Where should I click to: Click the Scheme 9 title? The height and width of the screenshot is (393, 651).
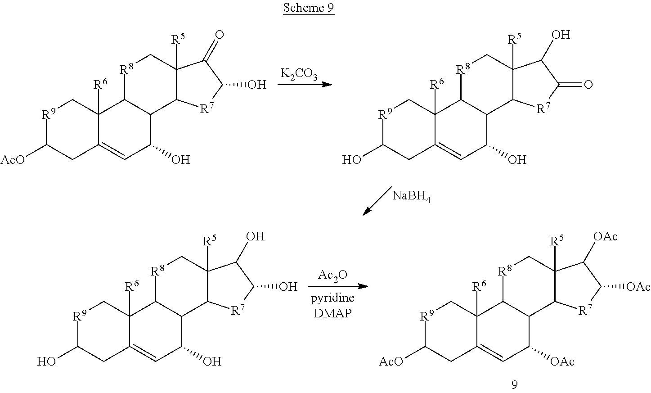point(309,8)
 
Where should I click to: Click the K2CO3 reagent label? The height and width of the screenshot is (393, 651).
point(299,74)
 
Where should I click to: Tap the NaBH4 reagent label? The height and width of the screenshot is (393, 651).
point(411,196)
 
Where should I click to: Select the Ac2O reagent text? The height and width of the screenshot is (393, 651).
point(333,275)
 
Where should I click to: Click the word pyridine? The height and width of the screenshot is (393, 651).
point(332,298)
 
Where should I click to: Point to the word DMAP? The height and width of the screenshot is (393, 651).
point(333,313)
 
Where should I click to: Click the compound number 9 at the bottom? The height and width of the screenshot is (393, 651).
point(514,385)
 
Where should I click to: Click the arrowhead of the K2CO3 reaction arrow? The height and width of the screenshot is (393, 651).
point(327,85)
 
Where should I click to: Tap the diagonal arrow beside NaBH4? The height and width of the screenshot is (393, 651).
point(377,201)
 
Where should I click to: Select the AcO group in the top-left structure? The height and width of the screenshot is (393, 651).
point(13,160)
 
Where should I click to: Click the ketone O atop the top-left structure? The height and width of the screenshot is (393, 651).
point(220,35)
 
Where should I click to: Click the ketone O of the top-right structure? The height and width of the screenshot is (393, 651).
point(588,85)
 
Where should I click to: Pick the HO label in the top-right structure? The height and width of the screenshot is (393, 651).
point(352,160)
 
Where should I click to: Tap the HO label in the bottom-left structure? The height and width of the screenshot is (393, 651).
point(46,361)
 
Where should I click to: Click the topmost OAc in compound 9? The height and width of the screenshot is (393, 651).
point(606,236)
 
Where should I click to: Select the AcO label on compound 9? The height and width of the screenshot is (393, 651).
point(391,361)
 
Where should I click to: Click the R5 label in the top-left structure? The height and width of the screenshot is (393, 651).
point(178,39)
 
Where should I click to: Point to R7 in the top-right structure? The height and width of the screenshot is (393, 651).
point(543,108)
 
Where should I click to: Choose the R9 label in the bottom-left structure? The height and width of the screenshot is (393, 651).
point(80,315)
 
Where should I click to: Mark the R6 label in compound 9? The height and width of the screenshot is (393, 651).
point(479,286)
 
